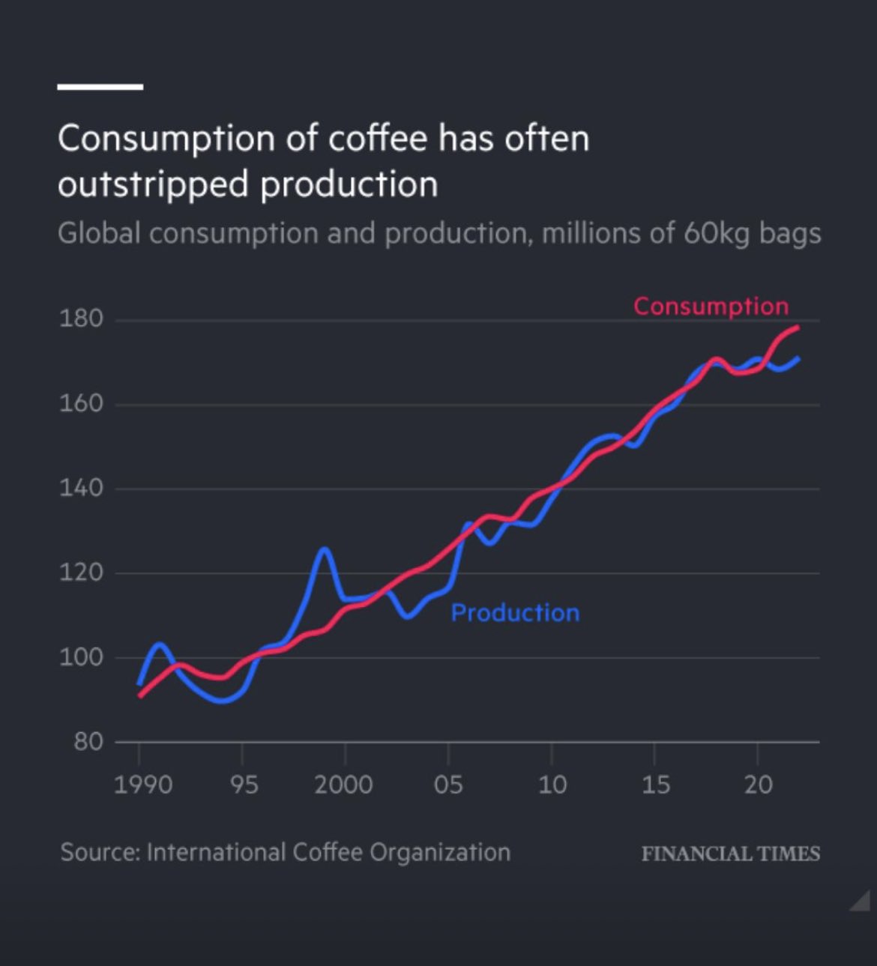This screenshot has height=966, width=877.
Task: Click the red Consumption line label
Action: (x=711, y=306)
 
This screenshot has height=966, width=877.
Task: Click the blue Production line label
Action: (x=515, y=613)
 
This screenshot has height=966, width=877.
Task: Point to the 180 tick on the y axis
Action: (x=81, y=319)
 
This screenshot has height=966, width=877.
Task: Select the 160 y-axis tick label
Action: (x=81, y=404)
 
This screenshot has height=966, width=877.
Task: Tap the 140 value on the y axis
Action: (x=81, y=489)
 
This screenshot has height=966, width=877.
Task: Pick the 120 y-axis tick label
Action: (x=81, y=573)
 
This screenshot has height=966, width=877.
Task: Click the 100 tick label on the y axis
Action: (x=81, y=657)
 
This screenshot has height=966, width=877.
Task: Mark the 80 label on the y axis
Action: (x=88, y=742)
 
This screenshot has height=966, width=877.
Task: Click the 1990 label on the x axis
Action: (x=143, y=785)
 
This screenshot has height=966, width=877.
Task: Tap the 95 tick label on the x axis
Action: (x=244, y=785)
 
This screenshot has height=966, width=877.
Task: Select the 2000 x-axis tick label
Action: (x=343, y=785)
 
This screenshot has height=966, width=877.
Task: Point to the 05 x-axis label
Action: (x=448, y=785)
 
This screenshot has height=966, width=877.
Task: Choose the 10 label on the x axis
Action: (x=552, y=785)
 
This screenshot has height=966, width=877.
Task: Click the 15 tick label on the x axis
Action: (x=655, y=785)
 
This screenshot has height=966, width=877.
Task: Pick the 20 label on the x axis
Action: (x=758, y=785)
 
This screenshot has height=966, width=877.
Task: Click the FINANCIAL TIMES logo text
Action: (x=730, y=854)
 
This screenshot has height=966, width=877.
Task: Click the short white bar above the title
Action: (x=100, y=87)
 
